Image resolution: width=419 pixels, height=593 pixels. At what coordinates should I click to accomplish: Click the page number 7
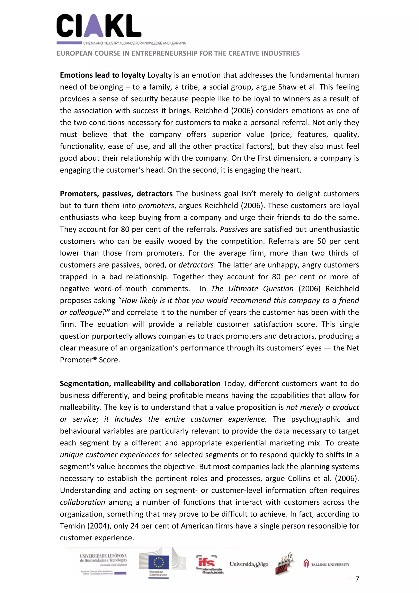click(357, 579)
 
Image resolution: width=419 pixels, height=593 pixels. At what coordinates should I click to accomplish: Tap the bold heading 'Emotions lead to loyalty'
click(102, 75)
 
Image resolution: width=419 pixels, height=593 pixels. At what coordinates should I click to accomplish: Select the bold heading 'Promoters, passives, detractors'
click(116, 194)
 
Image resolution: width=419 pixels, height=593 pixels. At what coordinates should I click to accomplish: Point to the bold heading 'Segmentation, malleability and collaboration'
click(140, 384)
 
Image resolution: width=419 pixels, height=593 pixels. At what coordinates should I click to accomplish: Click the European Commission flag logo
click(159, 563)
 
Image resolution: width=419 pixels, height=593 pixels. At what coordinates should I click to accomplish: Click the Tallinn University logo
click(326, 564)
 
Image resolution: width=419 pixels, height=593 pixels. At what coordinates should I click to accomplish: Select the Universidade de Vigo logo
click(249, 564)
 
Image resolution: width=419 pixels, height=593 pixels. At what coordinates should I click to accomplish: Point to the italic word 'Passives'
click(234, 229)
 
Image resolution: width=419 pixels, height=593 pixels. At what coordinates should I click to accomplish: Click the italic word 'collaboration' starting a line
click(82, 502)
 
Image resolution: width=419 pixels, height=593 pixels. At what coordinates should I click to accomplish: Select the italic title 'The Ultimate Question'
click(252, 289)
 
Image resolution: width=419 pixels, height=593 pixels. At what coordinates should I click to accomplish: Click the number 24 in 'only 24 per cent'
click(135, 526)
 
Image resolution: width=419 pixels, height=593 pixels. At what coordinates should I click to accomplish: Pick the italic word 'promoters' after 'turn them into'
click(156, 206)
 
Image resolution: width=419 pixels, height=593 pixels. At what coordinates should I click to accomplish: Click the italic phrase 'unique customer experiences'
click(110, 455)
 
